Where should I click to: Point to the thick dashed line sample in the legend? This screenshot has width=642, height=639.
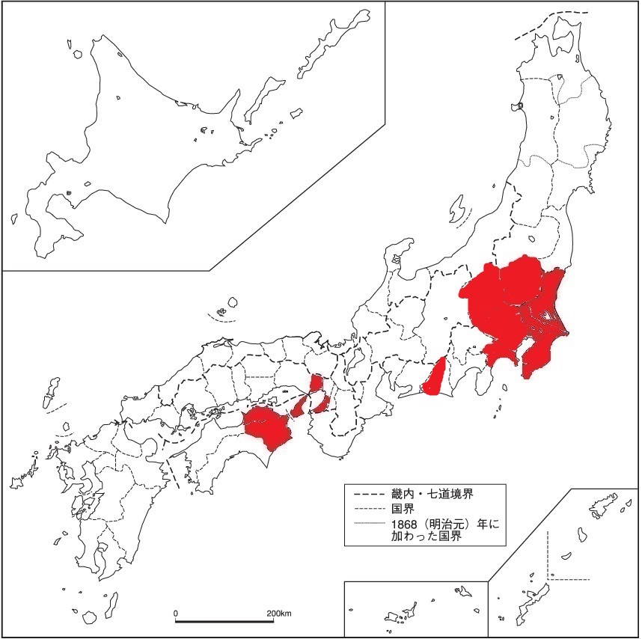(x=366, y=494)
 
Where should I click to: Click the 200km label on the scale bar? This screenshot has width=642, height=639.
(x=279, y=614)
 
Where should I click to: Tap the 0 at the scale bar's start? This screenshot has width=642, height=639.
(x=176, y=614)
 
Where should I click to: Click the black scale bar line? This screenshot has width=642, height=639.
(x=224, y=621)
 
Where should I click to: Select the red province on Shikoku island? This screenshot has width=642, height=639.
(x=266, y=426)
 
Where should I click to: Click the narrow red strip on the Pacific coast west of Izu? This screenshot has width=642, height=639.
(x=436, y=378)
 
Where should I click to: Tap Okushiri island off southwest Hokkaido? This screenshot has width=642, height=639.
(x=13, y=219)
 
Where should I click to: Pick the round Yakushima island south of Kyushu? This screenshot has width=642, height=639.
(x=90, y=617)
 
